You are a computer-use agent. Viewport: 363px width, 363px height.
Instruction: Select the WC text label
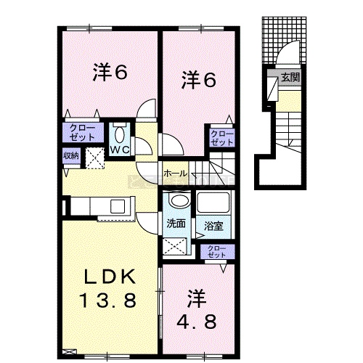click(x=120, y=150)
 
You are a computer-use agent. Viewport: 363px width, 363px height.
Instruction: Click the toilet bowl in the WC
click(x=119, y=135)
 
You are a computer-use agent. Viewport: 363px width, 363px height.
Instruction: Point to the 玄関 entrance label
click(x=290, y=78)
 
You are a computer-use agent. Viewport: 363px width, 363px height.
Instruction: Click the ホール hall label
click(x=175, y=174)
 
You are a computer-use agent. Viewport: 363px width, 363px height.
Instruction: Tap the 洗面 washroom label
click(x=176, y=224)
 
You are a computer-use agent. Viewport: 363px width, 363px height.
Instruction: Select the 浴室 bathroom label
click(x=213, y=226)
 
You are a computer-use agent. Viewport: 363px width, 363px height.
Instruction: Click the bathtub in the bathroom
click(x=213, y=202)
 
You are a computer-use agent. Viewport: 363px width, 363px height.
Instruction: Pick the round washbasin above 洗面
click(x=179, y=200)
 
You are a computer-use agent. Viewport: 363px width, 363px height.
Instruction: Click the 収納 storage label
click(x=71, y=155)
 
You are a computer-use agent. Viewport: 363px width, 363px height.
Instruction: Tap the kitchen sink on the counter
click(x=118, y=206)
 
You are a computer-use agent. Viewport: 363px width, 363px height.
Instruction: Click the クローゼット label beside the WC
click(x=82, y=133)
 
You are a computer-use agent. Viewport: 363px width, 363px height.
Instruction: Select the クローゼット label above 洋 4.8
click(x=217, y=252)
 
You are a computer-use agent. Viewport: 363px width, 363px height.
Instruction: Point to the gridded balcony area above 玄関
click(x=284, y=40)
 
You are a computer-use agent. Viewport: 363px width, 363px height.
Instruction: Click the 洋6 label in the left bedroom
click(x=110, y=72)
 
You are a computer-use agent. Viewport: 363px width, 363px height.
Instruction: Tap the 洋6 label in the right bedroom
click(x=199, y=79)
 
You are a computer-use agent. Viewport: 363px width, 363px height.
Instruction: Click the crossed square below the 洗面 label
click(x=175, y=246)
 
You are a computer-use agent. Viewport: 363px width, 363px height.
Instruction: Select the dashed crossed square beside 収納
click(x=95, y=158)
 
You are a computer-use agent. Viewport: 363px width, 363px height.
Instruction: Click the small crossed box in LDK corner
click(x=70, y=351)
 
